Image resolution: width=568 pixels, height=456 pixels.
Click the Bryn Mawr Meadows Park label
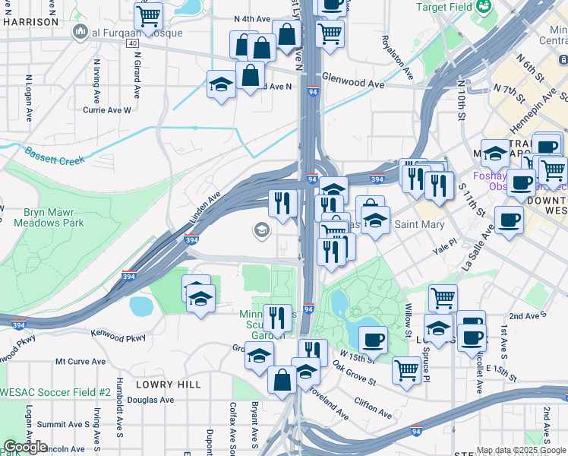[49, 217]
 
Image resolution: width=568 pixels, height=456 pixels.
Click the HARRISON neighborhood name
[30, 22]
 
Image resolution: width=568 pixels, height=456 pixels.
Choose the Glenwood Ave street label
[353, 78]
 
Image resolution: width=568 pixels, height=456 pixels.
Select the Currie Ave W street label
[107, 109]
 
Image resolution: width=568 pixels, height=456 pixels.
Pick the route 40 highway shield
[132, 44]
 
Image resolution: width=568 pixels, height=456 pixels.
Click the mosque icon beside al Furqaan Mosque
[79, 32]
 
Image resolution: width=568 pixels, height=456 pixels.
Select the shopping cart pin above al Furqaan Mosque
[149, 14]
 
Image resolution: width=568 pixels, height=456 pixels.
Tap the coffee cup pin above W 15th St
[372, 340]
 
